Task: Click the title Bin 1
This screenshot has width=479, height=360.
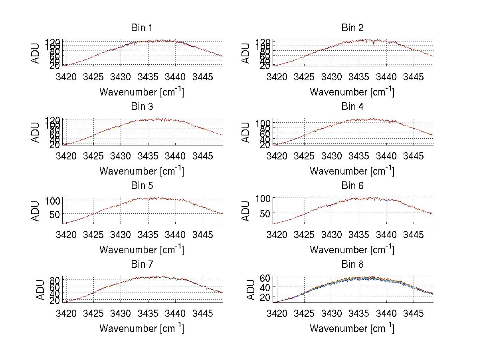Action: pyautogui.click(x=141, y=28)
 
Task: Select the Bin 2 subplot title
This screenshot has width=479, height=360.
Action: pyautogui.click(x=352, y=28)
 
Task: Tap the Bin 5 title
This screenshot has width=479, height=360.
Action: pyautogui.click(x=141, y=185)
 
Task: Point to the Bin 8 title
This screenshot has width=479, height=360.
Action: pyautogui.click(x=352, y=264)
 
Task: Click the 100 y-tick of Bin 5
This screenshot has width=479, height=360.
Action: pyautogui.click(x=54, y=200)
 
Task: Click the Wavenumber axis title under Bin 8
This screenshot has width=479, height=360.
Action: pyautogui.click(x=352, y=328)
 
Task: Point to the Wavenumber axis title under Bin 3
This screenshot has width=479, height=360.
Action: pyautogui.click(x=141, y=171)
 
